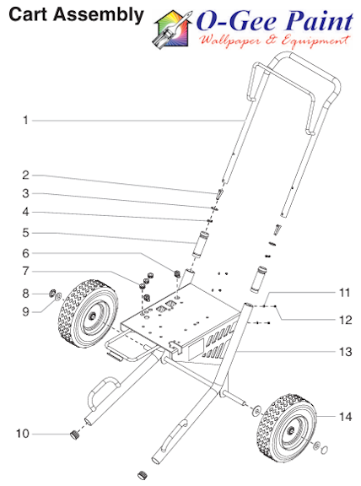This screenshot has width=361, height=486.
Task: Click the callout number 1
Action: (25, 121)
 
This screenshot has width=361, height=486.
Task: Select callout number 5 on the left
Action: (25, 232)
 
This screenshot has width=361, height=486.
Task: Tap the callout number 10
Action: (23, 434)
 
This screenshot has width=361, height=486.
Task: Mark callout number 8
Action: (25, 294)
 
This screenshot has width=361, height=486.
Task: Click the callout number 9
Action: (25, 310)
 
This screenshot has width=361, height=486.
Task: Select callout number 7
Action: (25, 271)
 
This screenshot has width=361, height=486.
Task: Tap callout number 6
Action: (25, 252)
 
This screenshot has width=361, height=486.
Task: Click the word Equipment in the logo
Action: (318, 40)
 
